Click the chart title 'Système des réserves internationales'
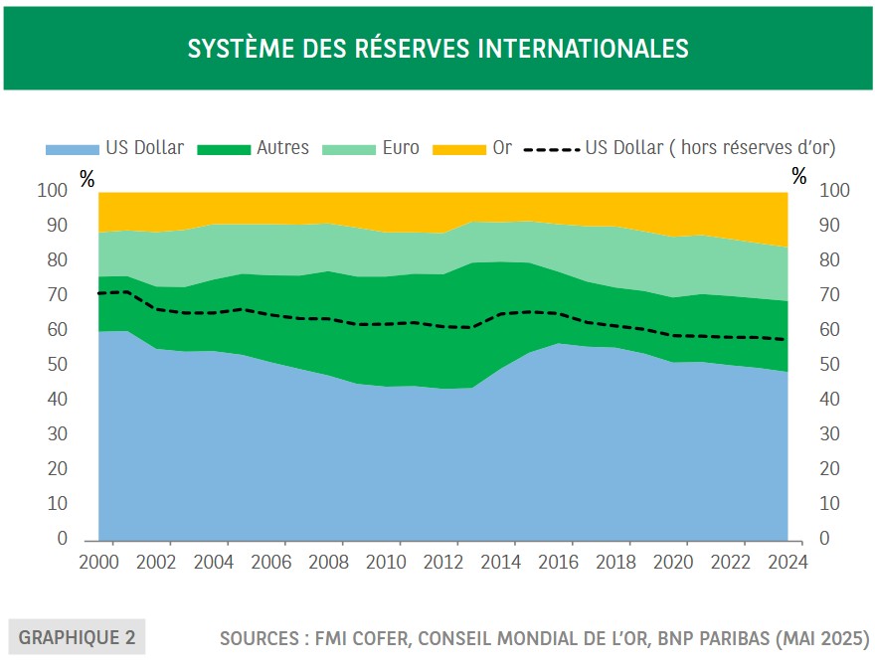click(x=437, y=48)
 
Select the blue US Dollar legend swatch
click(x=72, y=149)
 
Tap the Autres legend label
click(x=282, y=148)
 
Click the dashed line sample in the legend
click(x=551, y=149)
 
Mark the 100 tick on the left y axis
click(x=52, y=191)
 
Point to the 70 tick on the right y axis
click(x=830, y=295)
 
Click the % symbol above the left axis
click(x=87, y=179)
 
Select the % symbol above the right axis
click(x=799, y=177)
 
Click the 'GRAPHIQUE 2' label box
click(x=78, y=637)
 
